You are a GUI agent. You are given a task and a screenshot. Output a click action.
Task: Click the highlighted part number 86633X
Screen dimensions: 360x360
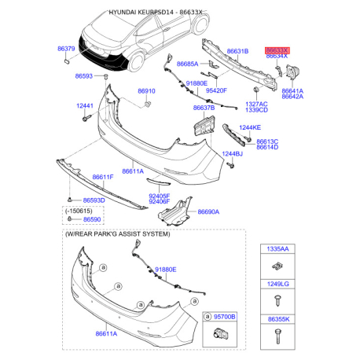(277, 50)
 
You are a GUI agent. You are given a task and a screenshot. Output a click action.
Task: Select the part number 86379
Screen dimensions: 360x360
(66, 49)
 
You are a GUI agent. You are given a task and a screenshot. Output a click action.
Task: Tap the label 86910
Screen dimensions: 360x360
(146, 91)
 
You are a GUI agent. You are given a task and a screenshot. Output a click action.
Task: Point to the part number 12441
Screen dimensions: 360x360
(85, 106)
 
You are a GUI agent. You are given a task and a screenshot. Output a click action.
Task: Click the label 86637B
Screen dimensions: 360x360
(204, 108)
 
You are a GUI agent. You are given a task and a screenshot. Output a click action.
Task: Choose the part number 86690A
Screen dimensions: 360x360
(208, 211)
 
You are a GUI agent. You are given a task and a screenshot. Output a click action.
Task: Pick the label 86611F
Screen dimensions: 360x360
(103, 177)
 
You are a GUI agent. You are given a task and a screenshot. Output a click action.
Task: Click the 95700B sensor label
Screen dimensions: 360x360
(225, 317)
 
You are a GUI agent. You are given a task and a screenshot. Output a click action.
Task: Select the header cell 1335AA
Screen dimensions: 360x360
(277, 249)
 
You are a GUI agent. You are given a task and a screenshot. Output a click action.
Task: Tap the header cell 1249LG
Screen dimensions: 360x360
(277, 284)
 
